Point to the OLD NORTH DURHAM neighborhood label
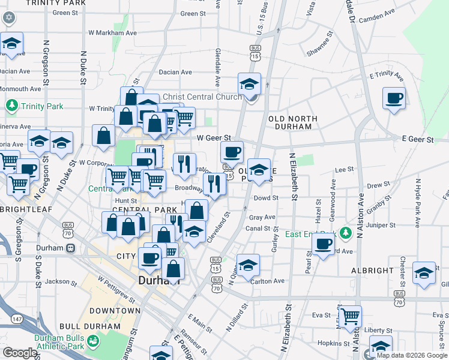[x=290, y=122]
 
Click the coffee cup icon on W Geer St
[x=232, y=151]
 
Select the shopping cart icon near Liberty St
[x=350, y=315]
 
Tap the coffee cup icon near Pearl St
[x=323, y=244]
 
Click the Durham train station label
[x=49, y=248]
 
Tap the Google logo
[x=20, y=353]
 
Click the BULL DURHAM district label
[x=115, y=311]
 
